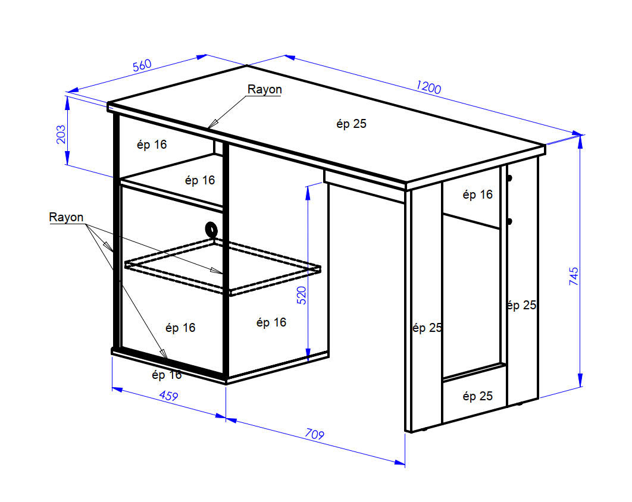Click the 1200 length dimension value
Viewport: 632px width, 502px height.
[429, 87]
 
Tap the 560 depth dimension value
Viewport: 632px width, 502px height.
[142, 65]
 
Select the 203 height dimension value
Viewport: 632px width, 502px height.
[61, 134]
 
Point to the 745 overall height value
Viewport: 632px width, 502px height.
[574, 276]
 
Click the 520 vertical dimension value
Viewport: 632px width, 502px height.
[302, 295]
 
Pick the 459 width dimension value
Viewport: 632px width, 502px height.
[168, 396]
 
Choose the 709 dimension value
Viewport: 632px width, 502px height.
[314, 434]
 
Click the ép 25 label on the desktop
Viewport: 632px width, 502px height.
[352, 124]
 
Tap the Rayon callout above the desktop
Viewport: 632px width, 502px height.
[264, 89]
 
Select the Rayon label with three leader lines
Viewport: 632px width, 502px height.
[66, 217]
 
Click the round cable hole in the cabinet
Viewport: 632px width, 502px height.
[211, 230]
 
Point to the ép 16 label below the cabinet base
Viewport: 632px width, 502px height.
[167, 375]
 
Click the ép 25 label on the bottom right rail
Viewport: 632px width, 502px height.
[478, 396]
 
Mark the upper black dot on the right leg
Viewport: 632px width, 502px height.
[509, 178]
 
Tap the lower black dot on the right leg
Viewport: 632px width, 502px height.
[509, 221]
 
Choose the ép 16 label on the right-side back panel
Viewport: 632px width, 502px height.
[478, 194]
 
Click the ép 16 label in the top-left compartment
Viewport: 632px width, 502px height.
[152, 145]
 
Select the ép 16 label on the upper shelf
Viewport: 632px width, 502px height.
[200, 180]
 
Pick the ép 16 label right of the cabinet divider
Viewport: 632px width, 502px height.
[271, 322]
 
